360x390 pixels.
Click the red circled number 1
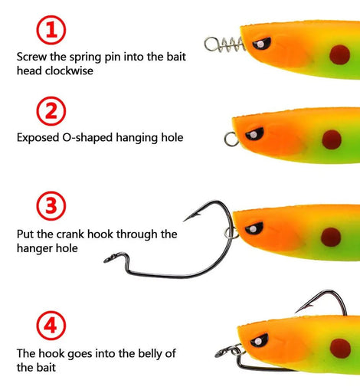click(x=51, y=30)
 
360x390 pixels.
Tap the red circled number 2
click(x=51, y=111)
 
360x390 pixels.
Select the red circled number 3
click(x=51, y=206)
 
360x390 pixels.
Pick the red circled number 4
click(x=51, y=326)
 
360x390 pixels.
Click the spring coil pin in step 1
click(x=224, y=44)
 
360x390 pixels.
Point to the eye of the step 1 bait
click(x=262, y=44)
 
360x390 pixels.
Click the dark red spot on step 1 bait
click(x=339, y=54)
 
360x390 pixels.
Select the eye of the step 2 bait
click(x=254, y=134)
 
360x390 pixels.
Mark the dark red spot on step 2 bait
click(x=332, y=139)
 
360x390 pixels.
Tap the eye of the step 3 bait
click(x=254, y=228)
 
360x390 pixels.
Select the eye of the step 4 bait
click(x=259, y=340)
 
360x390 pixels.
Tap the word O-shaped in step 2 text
click(x=87, y=138)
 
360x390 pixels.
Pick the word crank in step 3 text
click(x=70, y=234)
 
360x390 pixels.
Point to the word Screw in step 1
click(x=31, y=57)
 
